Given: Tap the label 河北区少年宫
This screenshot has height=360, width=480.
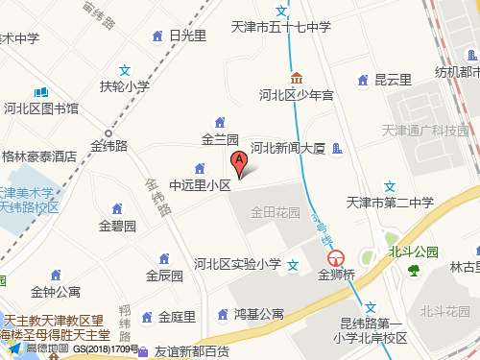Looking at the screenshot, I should (297, 96).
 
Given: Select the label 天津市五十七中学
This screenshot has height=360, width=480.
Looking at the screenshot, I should (282, 28).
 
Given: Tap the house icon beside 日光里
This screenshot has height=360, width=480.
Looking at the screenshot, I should (157, 36).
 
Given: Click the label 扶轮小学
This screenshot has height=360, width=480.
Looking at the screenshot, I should (125, 86).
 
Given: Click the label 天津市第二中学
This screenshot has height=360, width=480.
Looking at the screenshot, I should (390, 203).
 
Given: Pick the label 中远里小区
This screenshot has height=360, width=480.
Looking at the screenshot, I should (200, 184).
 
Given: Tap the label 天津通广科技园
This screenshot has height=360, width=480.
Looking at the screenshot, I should (423, 131).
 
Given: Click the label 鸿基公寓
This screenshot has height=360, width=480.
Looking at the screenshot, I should (258, 314).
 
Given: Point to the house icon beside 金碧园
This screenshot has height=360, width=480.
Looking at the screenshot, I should (117, 208).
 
